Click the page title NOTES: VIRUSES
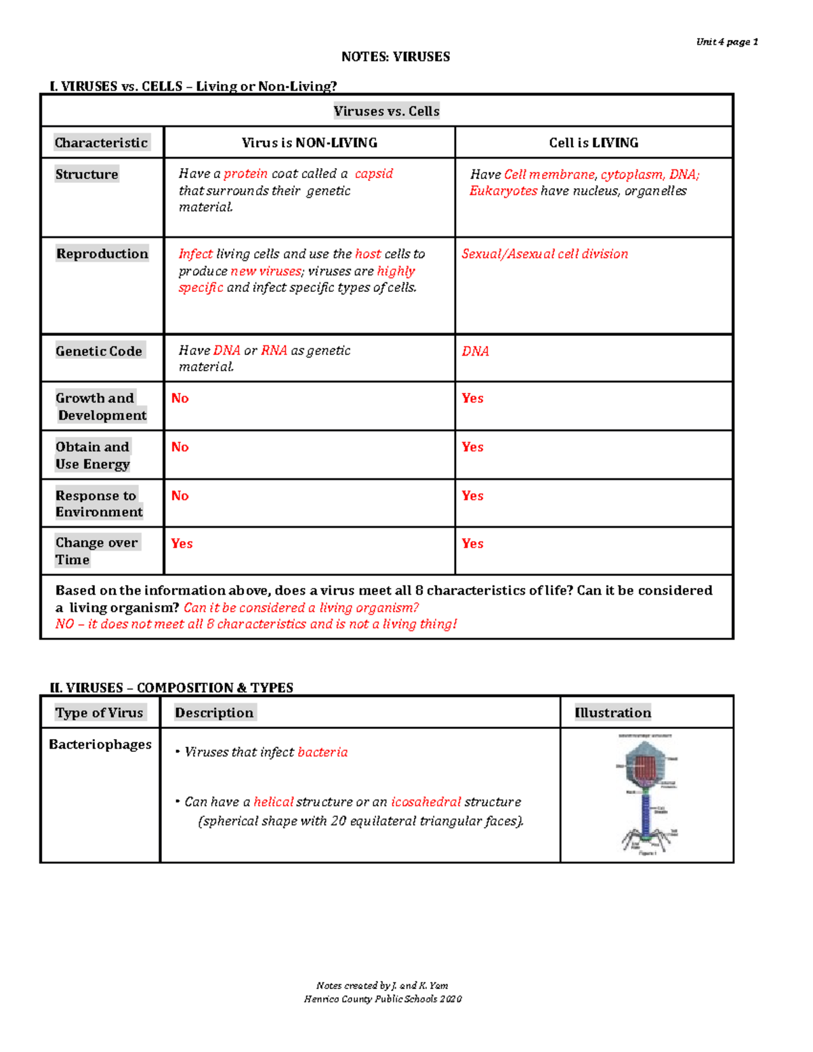pos(395,57)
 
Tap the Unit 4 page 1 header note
pos(726,42)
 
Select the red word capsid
pos(374,174)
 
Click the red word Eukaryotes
pos(503,191)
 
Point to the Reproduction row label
pos(102,254)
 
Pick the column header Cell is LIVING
pos(593,143)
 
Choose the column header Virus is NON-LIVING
pos(310,143)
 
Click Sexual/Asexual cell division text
pos(545,254)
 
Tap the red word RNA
pos(274,351)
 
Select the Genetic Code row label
pos(99,351)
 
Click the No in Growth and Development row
pos(180,398)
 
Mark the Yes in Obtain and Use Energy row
pos(472,447)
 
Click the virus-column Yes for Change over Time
pos(182,543)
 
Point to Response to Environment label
pos(99,503)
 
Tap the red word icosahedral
pos(425,802)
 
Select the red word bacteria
pos(322,753)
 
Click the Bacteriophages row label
pos(100,744)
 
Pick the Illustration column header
pos(612,713)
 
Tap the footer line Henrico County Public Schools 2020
pos(383,999)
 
